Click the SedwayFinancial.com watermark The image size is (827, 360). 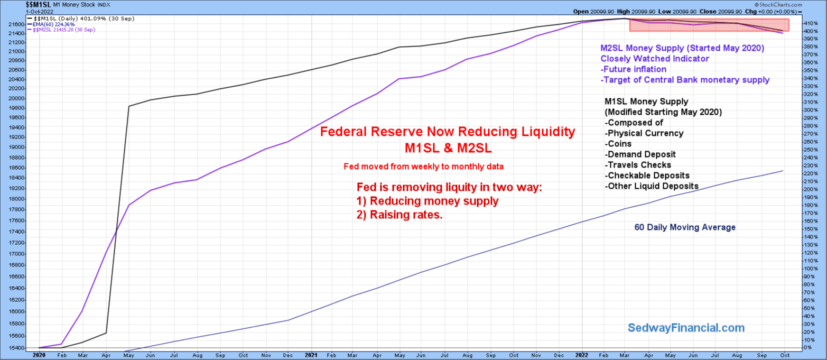685,328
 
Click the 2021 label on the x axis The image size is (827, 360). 311,355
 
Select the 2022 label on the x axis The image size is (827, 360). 582,355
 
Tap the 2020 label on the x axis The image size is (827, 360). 40,355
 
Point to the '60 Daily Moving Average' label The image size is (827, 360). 685,227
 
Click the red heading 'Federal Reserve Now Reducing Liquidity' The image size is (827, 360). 447,132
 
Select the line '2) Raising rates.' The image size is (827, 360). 399,215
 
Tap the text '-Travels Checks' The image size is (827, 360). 637,165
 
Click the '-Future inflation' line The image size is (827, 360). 634,69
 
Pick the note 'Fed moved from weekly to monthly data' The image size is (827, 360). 423,167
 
